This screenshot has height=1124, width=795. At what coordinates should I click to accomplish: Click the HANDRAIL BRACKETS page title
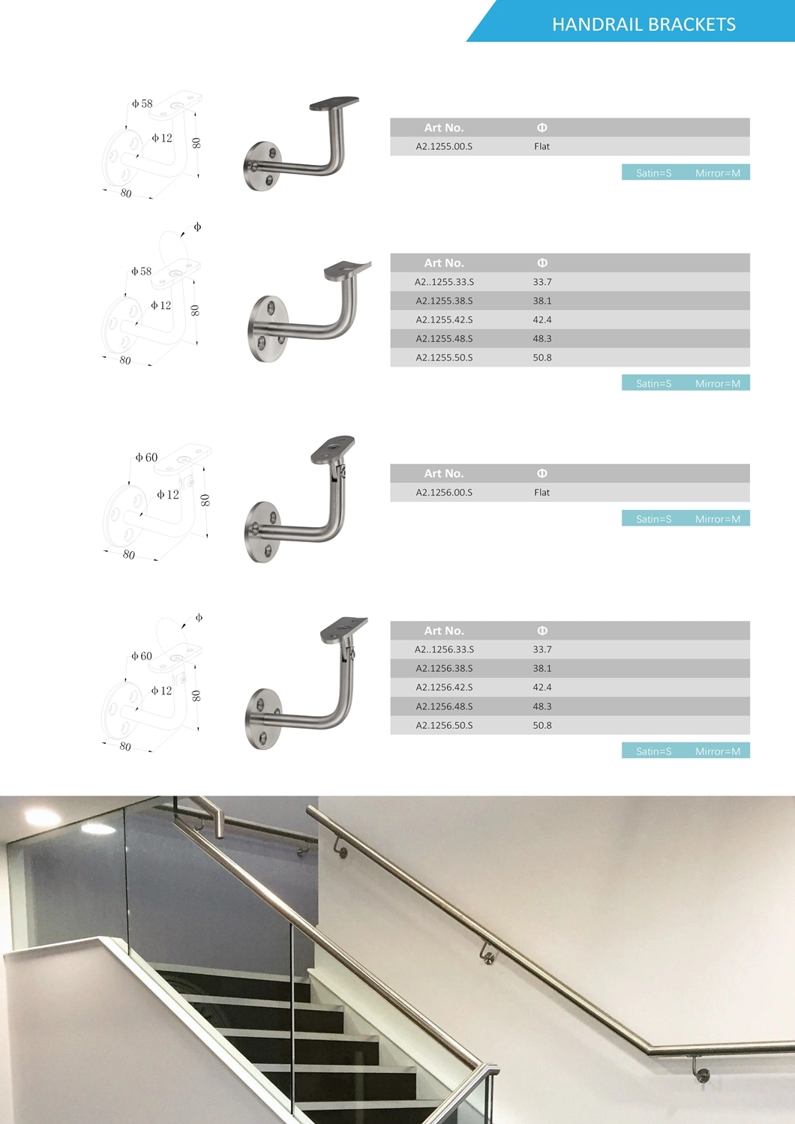[643, 25]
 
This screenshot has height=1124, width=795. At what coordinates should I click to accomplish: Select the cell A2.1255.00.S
[444, 147]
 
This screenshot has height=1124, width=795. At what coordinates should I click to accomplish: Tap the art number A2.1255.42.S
[444, 320]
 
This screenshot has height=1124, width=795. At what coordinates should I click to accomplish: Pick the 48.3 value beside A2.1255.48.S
[542, 339]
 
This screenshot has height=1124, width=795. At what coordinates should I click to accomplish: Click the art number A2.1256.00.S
[444, 493]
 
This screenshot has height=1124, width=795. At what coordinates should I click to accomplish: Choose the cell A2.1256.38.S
[444, 669]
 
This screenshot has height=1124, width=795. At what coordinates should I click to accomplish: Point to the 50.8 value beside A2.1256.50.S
[542, 726]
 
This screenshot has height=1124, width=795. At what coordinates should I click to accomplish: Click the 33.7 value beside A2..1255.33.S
[542, 283]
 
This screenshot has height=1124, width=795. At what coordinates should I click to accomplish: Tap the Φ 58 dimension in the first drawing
[142, 104]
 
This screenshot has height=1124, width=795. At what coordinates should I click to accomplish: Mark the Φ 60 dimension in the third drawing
[146, 457]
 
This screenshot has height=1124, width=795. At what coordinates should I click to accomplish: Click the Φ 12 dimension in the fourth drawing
[161, 691]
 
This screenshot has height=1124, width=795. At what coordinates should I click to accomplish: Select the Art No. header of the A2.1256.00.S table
[444, 474]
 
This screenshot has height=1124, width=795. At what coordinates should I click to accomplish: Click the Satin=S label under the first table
[653, 173]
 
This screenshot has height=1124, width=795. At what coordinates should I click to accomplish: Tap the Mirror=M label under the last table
[717, 751]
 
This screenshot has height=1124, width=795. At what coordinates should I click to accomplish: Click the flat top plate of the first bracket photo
[335, 103]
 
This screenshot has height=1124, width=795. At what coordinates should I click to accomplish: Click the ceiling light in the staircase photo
[42, 817]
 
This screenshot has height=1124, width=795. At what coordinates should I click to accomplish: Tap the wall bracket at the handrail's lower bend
[702, 1073]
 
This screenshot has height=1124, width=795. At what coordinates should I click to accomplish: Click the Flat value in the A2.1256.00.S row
[542, 493]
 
